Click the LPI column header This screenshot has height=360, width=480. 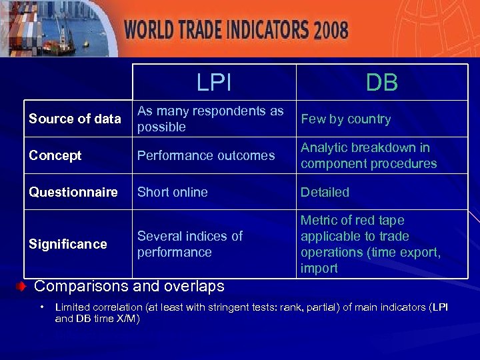pyautogui.click(x=214, y=83)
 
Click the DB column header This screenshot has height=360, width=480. pyautogui.click(x=381, y=83)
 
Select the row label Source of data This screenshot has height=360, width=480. pyautogui.click(x=75, y=119)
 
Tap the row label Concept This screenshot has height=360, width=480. pyautogui.click(x=55, y=155)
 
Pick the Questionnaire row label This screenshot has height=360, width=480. pyautogui.click(x=72, y=192)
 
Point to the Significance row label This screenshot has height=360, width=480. pyautogui.click(x=67, y=244)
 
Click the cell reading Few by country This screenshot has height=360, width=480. pyautogui.click(x=345, y=119)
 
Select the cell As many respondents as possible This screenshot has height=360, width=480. pyautogui.click(x=210, y=119)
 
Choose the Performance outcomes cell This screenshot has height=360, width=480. pyautogui.click(x=205, y=155)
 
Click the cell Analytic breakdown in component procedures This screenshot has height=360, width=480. pyautogui.click(x=369, y=155)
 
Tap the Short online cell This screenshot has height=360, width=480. pyautogui.click(x=172, y=192)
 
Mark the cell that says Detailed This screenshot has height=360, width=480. pyautogui.click(x=325, y=192)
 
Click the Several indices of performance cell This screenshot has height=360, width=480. pyautogui.click(x=189, y=244)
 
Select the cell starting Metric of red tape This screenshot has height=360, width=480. pyautogui.click(x=371, y=244)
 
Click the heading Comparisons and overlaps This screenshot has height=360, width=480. pyautogui.click(x=129, y=286)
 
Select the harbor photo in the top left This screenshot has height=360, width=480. pyautogui.click(x=57, y=29)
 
